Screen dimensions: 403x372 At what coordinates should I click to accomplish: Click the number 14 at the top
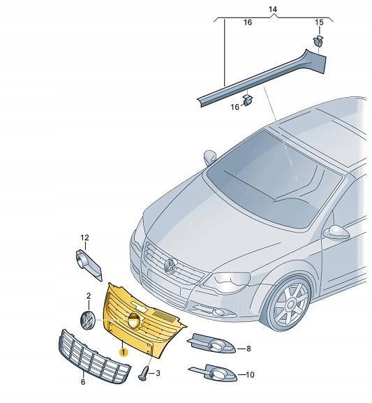[273, 8]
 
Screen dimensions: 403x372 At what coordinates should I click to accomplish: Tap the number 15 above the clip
[319, 23]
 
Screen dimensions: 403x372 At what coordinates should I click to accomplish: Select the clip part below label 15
[319, 42]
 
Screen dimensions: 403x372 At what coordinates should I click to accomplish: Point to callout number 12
[84, 238]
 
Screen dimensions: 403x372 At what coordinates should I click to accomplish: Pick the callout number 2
[88, 296]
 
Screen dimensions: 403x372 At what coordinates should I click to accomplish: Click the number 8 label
[248, 347]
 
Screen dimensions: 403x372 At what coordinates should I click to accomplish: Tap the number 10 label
[249, 375]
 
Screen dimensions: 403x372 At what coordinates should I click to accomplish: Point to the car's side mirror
[338, 231]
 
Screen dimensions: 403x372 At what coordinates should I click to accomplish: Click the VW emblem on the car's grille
[169, 265]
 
